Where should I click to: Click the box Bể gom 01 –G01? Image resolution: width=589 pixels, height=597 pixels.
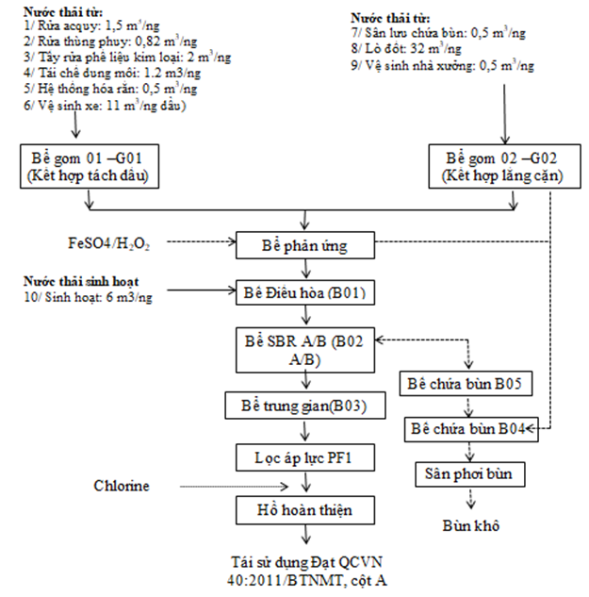tap(89, 164)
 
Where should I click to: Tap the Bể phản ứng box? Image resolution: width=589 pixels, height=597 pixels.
tap(302, 245)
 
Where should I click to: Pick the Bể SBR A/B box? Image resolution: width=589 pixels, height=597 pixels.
tap(302, 348)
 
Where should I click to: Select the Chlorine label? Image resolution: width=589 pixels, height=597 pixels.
tap(122, 485)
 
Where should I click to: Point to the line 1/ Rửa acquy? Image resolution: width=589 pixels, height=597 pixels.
tap(74, 31)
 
